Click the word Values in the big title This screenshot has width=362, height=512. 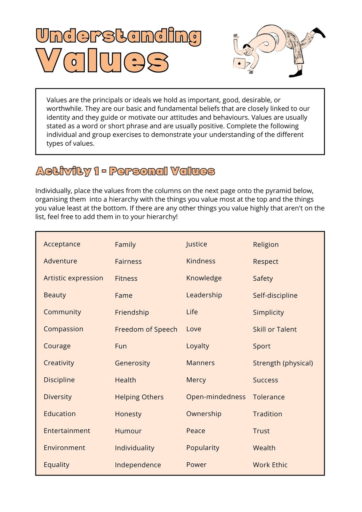tap(102, 60)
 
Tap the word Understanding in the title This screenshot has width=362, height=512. tap(118, 36)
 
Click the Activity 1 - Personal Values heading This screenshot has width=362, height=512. tap(125, 171)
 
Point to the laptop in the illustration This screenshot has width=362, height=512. tap(239, 63)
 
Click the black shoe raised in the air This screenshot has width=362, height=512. tap(319, 32)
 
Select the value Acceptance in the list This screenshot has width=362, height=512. tap(62, 244)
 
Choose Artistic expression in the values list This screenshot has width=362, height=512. tap(73, 278)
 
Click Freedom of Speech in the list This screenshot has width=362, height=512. tap(146, 329)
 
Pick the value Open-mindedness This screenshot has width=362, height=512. tap(216, 397)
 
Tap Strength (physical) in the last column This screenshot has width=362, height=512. tap(283, 363)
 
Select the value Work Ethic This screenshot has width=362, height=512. tap(270, 465)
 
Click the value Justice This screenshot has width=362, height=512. tap(197, 244)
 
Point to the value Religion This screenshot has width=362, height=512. tap(266, 244)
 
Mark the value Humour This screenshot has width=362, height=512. tap(128, 431)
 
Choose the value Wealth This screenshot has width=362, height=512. tap(264, 448)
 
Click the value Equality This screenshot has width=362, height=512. tap(56, 465)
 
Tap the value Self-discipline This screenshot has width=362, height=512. tap(275, 295)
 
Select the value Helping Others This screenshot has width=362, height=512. tap(139, 397)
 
